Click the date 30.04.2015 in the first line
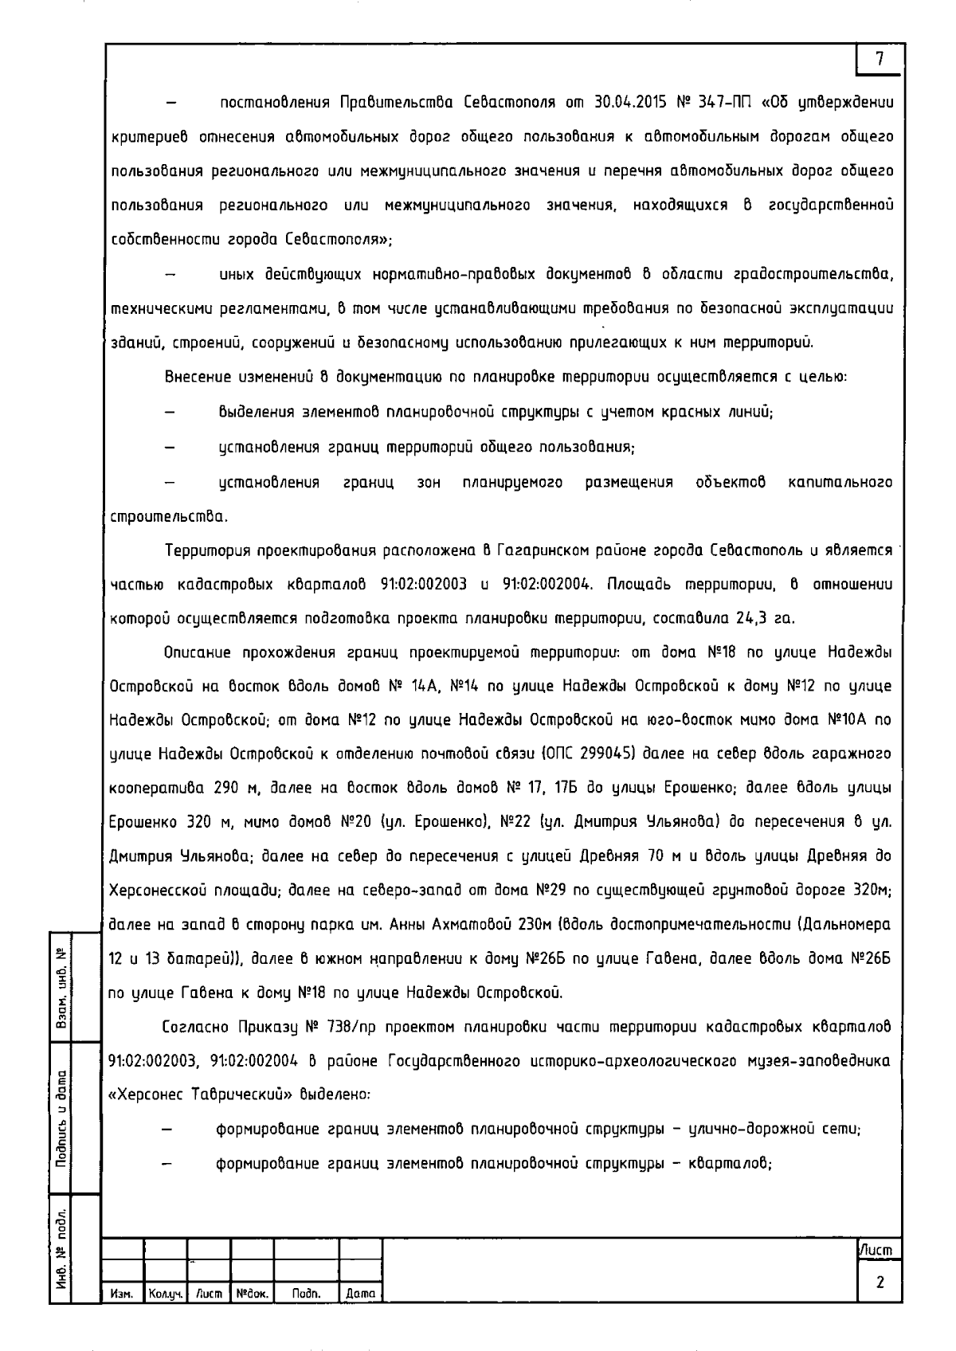point(627,103)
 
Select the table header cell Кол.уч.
point(165,1295)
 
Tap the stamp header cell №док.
point(252,1295)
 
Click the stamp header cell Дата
point(360,1295)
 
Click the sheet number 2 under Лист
point(880,1282)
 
